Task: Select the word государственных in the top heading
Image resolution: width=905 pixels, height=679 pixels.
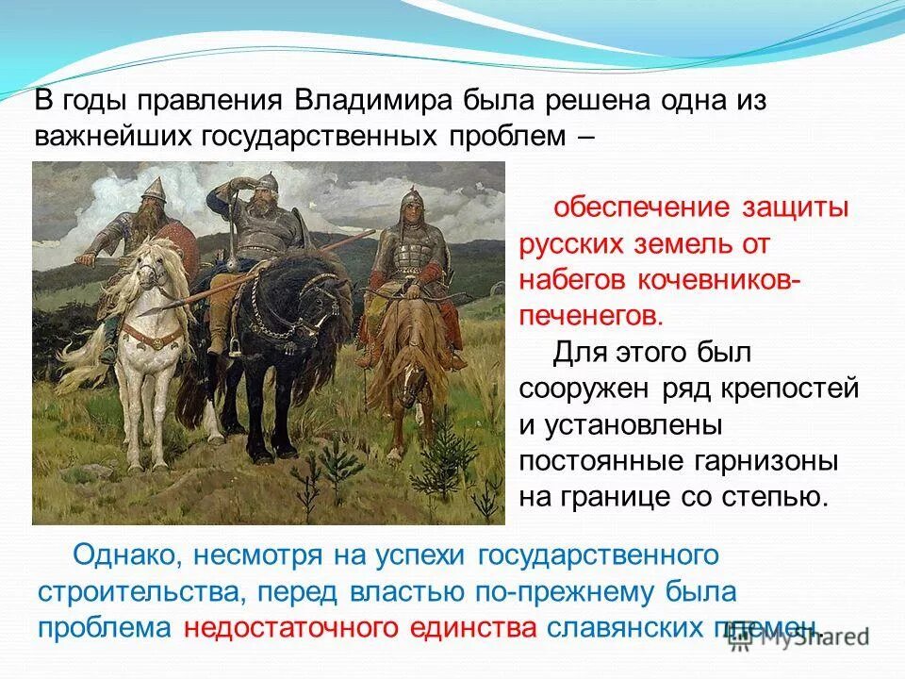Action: [318, 136]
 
